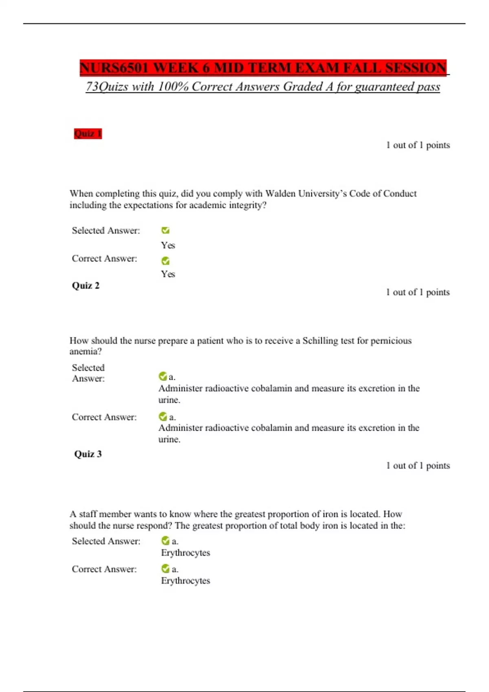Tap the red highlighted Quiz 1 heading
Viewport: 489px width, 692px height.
coord(88,134)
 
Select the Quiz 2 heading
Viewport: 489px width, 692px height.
coord(86,286)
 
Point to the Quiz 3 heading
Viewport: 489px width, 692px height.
coord(88,454)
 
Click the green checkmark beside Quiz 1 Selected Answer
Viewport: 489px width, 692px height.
coord(165,230)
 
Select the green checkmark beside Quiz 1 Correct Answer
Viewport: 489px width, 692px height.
coord(165,261)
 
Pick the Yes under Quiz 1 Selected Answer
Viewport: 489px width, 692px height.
coord(168,245)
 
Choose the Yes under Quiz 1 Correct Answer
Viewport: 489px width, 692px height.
coord(168,274)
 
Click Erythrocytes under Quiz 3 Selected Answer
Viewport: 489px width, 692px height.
coord(185,553)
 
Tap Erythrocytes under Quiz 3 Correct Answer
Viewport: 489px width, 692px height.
coord(185,581)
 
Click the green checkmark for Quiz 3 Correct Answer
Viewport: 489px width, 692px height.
coord(165,568)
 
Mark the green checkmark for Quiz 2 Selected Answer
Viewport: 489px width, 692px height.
coord(163,376)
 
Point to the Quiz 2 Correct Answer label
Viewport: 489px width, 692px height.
coord(104,417)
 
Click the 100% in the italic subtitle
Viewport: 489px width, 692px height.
coord(173,87)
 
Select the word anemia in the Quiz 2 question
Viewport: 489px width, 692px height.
coord(84,351)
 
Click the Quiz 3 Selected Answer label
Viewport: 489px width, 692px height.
coord(106,541)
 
